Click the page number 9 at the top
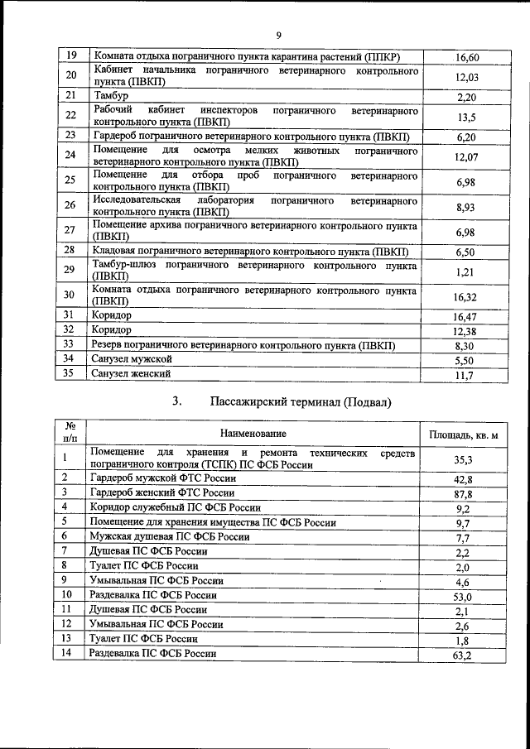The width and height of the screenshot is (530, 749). pyautogui.click(x=278, y=34)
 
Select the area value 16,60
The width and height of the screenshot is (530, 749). pyautogui.click(x=467, y=57)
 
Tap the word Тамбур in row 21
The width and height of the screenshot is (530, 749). pyautogui.click(x=111, y=96)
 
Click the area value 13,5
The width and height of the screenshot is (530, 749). pyautogui.click(x=466, y=117)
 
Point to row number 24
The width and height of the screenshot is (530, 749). pyautogui.click(x=70, y=155)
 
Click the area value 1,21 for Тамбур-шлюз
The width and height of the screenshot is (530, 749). pyautogui.click(x=466, y=271)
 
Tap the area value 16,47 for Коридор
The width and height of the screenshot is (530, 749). pyautogui.click(x=466, y=316)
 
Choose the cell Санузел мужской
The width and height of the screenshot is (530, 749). pyautogui.click(x=132, y=359)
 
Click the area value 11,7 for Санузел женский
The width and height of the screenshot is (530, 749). pyautogui.click(x=466, y=376)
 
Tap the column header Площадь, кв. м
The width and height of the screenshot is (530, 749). pyautogui.click(x=465, y=435)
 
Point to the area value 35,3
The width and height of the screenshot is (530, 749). pyautogui.click(x=465, y=460)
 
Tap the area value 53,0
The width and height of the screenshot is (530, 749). pyautogui.click(x=465, y=597)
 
